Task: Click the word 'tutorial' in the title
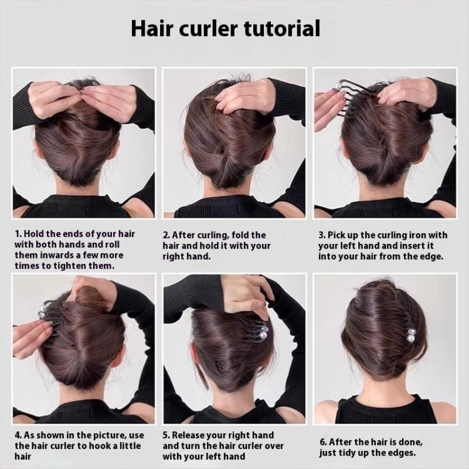[x=282, y=28]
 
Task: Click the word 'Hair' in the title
[x=152, y=28]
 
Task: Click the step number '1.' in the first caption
[x=18, y=234]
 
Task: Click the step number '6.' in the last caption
[x=323, y=442]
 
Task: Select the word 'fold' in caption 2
[x=240, y=235]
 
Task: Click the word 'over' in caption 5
[x=273, y=446]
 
